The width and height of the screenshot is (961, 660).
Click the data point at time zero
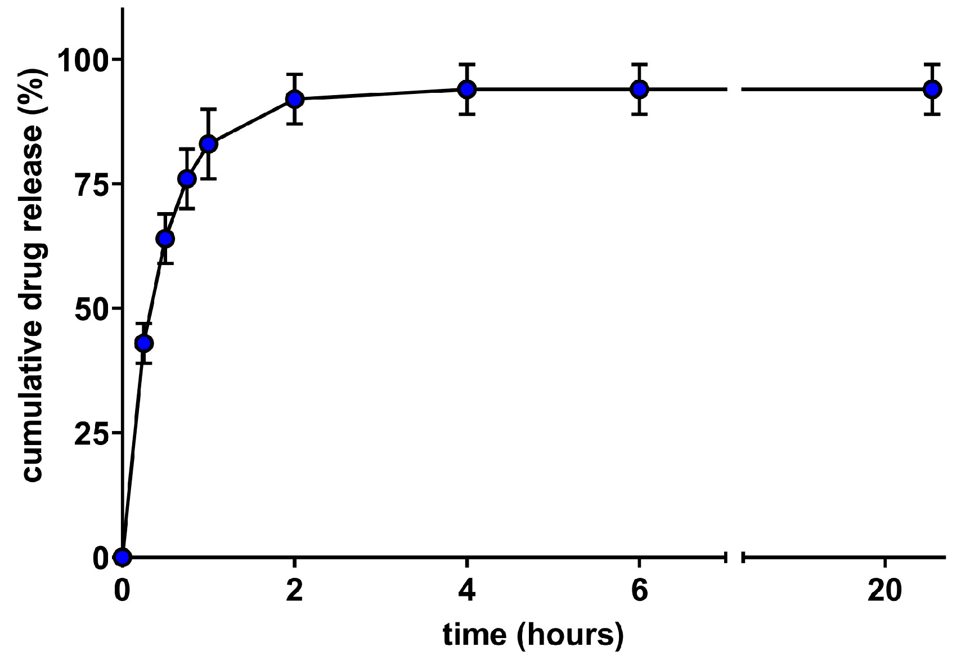[122, 557]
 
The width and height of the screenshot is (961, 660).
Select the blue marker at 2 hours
[294, 99]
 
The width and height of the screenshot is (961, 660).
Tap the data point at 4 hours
[466, 89]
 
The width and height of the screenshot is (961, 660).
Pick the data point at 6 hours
[639, 89]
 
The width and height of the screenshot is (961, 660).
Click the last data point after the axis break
[932, 89]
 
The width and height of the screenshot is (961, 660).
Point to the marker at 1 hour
[208, 144]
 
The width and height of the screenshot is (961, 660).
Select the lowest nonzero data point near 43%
[144, 343]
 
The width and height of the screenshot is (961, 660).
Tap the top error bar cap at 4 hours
[466, 64]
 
